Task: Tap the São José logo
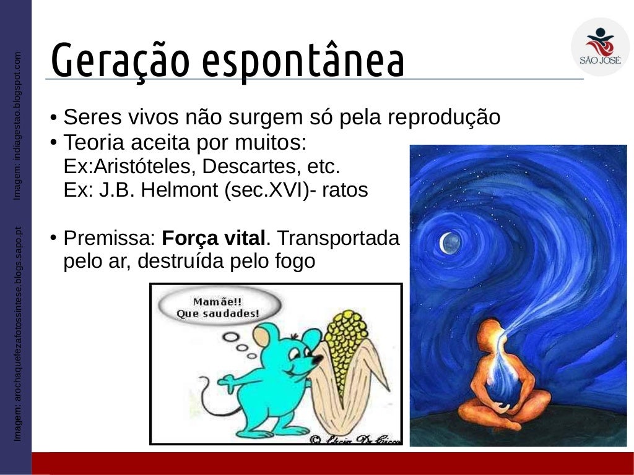pyautogui.click(x=599, y=47)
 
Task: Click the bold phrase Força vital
pyautogui.click(x=214, y=237)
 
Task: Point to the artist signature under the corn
pyautogui.click(x=355, y=439)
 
